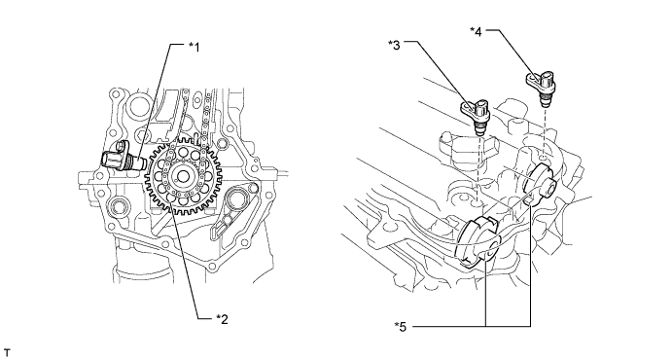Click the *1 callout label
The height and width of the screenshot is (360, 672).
[x=195, y=47]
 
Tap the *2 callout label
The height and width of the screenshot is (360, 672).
[x=222, y=319]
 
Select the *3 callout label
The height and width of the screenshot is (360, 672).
[x=394, y=44]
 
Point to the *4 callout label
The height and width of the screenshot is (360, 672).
[x=476, y=32]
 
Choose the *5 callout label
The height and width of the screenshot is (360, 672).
[x=401, y=327]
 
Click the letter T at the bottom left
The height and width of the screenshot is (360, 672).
[x=6, y=353]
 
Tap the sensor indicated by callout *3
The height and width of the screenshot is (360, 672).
[x=476, y=113]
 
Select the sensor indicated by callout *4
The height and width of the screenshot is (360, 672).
[x=541, y=87]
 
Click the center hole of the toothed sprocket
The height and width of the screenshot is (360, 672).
[x=184, y=176]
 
